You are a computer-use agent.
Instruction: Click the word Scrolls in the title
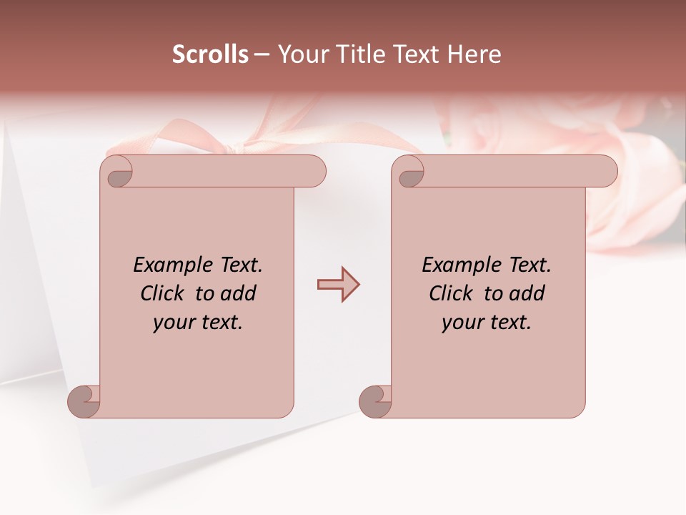pos(210,54)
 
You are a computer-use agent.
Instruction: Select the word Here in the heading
pos(474,54)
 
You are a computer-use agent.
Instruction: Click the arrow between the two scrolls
pos(338,285)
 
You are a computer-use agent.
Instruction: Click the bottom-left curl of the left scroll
pos(84,401)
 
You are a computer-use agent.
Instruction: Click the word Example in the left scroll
pos(166,265)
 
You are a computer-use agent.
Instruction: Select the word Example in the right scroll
pos(455,265)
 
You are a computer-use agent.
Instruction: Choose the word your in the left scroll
pos(172,323)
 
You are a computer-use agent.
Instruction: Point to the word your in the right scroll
pos(461,323)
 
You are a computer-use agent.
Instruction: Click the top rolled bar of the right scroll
pos(514,172)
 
